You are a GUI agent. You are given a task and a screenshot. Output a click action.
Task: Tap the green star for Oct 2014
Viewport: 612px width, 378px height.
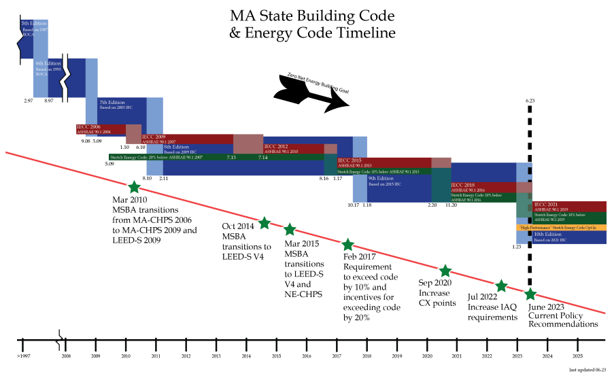[265, 223]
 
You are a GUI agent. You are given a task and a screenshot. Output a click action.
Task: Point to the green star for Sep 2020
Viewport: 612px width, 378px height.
[445, 271]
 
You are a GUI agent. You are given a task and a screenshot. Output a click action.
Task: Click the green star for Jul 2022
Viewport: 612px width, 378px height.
[500, 286]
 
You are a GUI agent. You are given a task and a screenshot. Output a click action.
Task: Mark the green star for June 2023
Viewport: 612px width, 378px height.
[530, 294]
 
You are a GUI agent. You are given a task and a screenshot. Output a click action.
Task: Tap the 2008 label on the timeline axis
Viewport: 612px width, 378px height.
[66, 356]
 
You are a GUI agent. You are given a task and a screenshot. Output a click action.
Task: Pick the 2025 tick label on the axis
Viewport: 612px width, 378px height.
[577, 356]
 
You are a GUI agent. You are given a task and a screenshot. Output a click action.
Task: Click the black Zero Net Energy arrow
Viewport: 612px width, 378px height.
[310, 92]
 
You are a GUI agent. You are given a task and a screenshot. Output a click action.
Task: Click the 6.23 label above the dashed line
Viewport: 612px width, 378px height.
[531, 101]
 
